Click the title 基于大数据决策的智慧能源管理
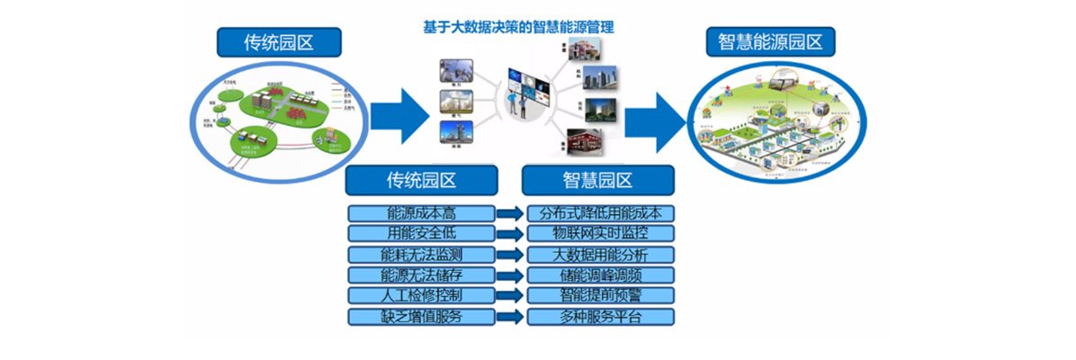pyautogui.click(x=519, y=27)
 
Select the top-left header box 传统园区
pyautogui.click(x=279, y=42)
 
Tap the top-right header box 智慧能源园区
pyautogui.click(x=770, y=41)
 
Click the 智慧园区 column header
pyautogui.click(x=598, y=180)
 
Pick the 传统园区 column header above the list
pyautogui.click(x=421, y=180)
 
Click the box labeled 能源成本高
pyautogui.click(x=421, y=213)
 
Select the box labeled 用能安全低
pyautogui.click(x=421, y=234)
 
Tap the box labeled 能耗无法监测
pyautogui.click(x=421, y=255)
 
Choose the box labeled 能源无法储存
pyautogui.click(x=421, y=275)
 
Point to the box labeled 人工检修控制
pyautogui.click(x=421, y=296)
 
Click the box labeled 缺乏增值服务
pyautogui.click(x=421, y=317)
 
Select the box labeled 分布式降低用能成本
pyautogui.click(x=600, y=213)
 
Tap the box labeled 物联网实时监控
pyautogui.click(x=600, y=234)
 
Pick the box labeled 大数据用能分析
pyautogui.click(x=600, y=255)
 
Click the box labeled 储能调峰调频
pyautogui.click(x=600, y=275)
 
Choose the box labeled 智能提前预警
pyautogui.click(x=600, y=296)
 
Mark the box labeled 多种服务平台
pyautogui.click(x=600, y=317)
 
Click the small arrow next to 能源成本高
pyautogui.click(x=510, y=213)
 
